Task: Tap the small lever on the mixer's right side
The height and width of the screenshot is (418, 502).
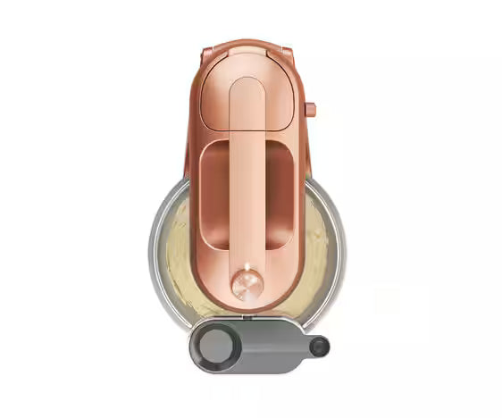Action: (310, 110)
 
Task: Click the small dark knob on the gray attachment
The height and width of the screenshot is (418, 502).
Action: (319, 347)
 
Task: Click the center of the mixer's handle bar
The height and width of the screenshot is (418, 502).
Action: (247, 179)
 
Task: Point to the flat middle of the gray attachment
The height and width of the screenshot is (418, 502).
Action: (268, 345)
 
